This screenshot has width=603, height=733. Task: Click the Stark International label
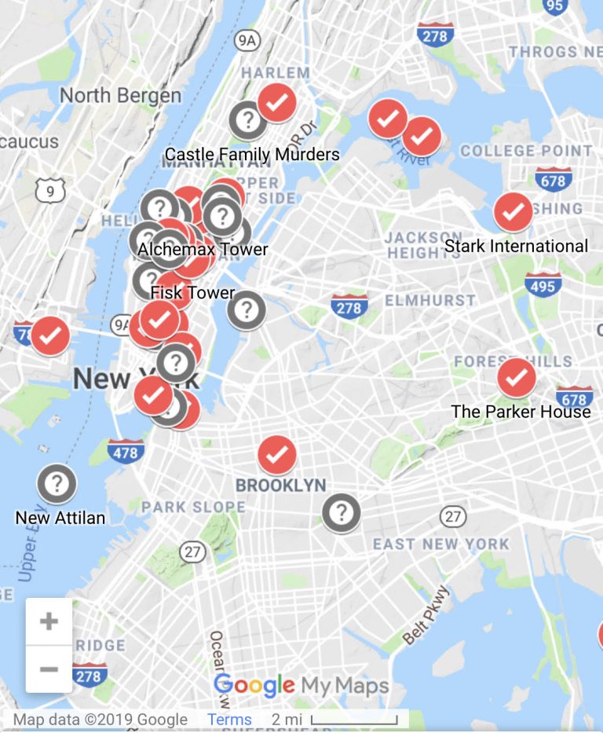coord(516,247)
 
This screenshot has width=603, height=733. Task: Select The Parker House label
coord(521,412)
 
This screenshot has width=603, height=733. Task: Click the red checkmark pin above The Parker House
coord(517,378)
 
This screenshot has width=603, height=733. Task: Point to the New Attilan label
coord(60,519)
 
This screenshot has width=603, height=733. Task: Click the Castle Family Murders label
coord(252,154)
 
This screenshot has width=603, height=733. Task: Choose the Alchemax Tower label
coord(203,250)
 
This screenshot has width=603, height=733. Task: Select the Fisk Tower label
coord(192,294)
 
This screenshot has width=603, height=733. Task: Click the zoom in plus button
coord(49,621)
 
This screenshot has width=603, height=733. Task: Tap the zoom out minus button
coord(49,669)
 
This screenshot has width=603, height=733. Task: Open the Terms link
coord(229,720)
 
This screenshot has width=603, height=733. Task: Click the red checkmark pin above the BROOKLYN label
coord(276,454)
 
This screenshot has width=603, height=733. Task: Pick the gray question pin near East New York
coord(341,513)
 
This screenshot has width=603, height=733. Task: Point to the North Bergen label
coord(120,96)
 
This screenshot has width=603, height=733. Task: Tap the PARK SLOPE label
coord(193,508)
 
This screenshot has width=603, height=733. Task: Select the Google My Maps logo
coord(301,686)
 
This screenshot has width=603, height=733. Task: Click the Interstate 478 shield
coord(126,452)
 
